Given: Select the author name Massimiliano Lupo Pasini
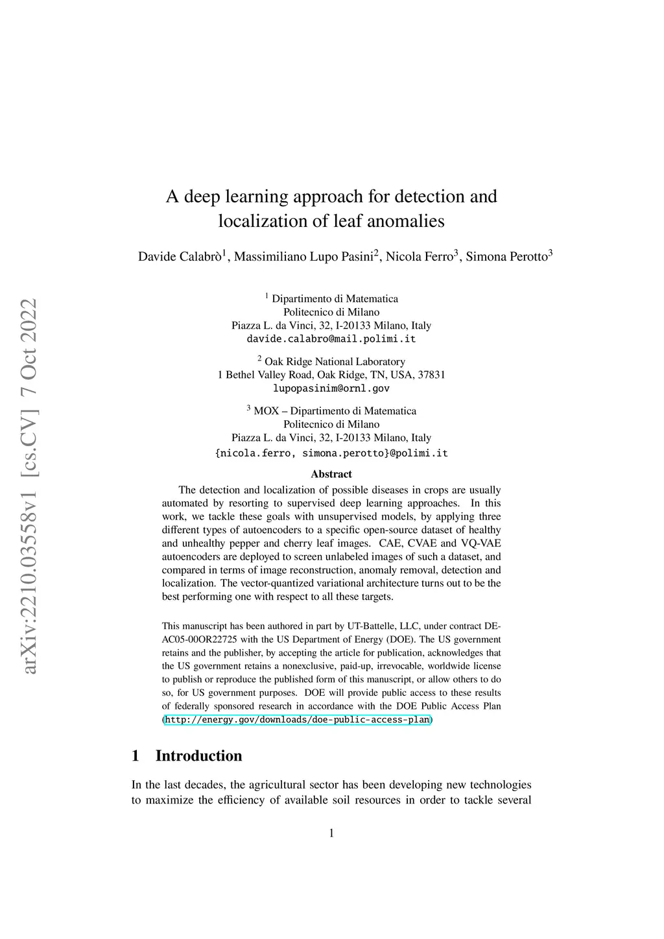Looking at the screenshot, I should (303, 257).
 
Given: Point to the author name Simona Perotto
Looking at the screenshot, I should (506, 257).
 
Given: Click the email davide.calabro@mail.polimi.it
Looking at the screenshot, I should (331, 339).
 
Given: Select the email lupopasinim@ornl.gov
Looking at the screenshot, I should (331, 388).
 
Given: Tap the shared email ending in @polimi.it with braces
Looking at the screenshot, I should (331, 453).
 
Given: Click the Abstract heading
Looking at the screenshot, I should (331, 474).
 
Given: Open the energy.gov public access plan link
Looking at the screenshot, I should (297, 720).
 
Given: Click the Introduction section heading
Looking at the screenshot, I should (198, 756).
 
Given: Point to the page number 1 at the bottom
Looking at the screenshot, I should (331, 833).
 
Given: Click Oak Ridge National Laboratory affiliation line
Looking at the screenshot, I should (335, 362).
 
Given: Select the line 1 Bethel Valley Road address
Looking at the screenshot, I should (331, 375).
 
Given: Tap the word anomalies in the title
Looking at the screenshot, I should (406, 221).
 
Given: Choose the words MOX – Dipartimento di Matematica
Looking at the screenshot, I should (335, 411).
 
